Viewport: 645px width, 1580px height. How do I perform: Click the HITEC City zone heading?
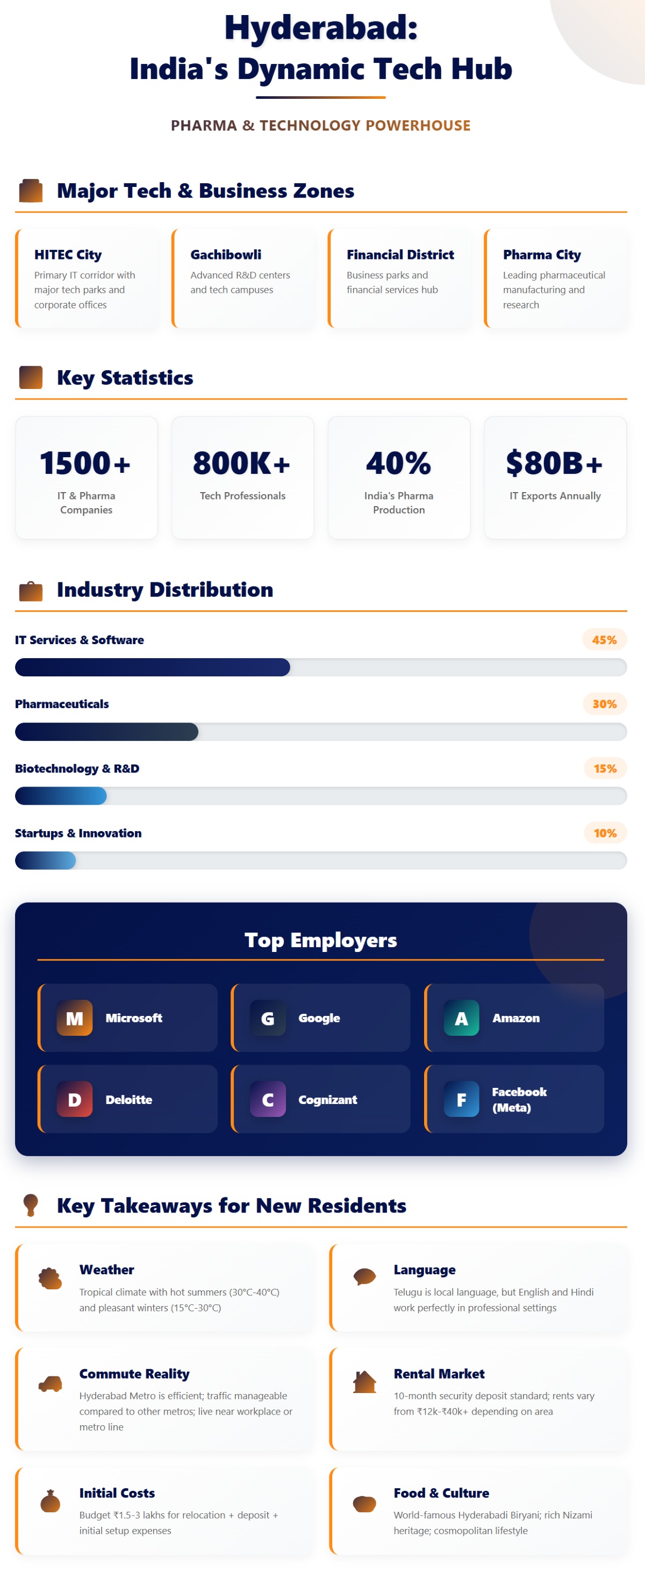(x=68, y=255)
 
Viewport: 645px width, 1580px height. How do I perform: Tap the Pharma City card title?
(x=541, y=255)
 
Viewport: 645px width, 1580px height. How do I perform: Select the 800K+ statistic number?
(x=242, y=463)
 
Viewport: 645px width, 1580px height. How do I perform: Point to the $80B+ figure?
(x=554, y=463)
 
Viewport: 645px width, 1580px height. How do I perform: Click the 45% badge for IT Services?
(x=604, y=640)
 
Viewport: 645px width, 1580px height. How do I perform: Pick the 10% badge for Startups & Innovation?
(x=605, y=833)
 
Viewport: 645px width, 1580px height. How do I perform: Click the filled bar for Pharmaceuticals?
(x=106, y=732)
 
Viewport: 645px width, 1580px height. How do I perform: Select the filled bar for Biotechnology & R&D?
(x=61, y=796)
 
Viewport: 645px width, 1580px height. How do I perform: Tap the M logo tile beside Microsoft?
(x=75, y=1018)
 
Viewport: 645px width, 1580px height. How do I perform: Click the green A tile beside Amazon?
(x=461, y=1018)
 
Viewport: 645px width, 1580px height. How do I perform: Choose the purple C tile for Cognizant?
(x=268, y=1099)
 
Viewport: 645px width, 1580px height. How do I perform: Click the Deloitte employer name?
(x=129, y=1100)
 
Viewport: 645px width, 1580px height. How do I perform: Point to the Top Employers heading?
(x=320, y=940)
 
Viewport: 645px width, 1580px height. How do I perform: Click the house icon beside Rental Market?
(x=364, y=1382)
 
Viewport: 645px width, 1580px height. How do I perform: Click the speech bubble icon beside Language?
(x=364, y=1276)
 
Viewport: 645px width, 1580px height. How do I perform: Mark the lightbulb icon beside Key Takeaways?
(x=31, y=1204)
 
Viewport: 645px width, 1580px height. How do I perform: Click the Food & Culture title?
(x=441, y=1493)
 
